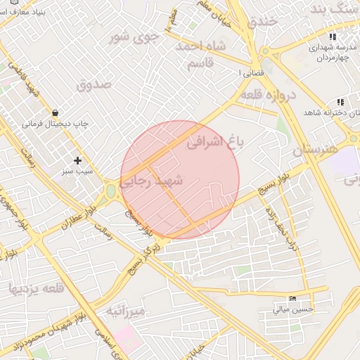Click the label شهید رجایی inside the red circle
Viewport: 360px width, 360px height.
(x=151, y=182)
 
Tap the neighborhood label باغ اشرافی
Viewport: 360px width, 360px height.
(x=217, y=143)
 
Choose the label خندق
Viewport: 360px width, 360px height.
(x=264, y=22)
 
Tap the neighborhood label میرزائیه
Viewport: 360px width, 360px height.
(x=124, y=310)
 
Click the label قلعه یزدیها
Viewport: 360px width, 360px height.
(x=36, y=288)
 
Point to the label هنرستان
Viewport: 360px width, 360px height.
(x=315, y=150)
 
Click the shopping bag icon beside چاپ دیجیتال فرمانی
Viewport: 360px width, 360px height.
(x=55, y=112)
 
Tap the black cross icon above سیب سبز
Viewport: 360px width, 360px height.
(x=77, y=160)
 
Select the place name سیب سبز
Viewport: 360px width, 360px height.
(x=77, y=172)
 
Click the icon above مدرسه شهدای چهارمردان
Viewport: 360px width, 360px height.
(x=333, y=37)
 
